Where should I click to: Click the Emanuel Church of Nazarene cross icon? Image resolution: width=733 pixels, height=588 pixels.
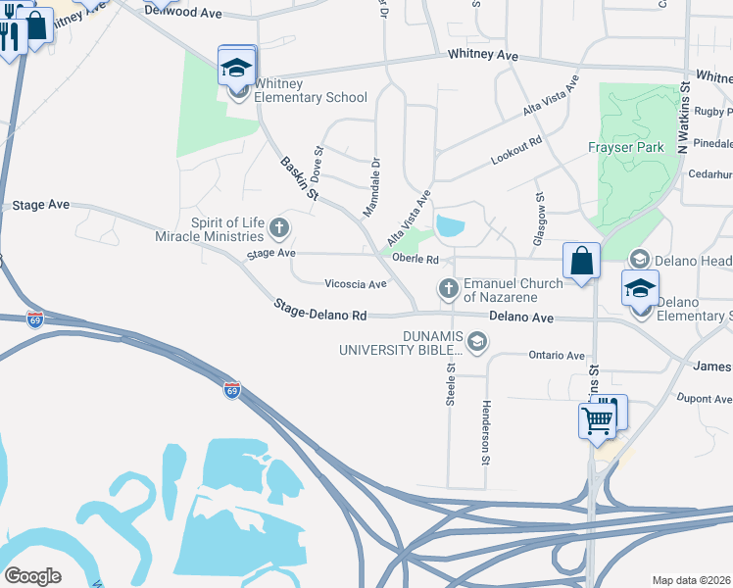[449, 288]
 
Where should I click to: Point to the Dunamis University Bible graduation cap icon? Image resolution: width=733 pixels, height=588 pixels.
[477, 341]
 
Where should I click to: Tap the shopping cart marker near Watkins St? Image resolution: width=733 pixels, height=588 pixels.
[597, 421]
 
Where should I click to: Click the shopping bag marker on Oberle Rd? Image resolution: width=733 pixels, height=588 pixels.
[581, 262]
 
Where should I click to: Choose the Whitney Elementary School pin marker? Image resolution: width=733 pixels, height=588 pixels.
[236, 69]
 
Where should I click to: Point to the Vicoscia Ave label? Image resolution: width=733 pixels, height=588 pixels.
[356, 284]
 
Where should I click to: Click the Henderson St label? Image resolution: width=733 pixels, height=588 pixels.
[485, 432]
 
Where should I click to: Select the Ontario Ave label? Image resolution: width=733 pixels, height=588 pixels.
[556, 356]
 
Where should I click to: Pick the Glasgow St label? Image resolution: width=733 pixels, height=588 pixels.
[540, 218]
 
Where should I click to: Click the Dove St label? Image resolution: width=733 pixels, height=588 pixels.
[317, 164]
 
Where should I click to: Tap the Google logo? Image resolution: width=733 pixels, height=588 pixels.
[32, 576]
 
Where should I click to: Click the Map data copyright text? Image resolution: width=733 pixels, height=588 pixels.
[692, 580]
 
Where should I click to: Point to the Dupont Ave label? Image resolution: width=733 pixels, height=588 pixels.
[706, 400]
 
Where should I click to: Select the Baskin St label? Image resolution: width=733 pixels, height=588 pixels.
[299, 178]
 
